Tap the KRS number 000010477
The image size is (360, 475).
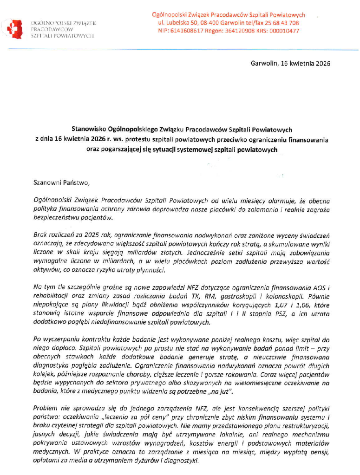tap(284, 31)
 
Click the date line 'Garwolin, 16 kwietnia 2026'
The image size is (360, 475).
tap(290, 64)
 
